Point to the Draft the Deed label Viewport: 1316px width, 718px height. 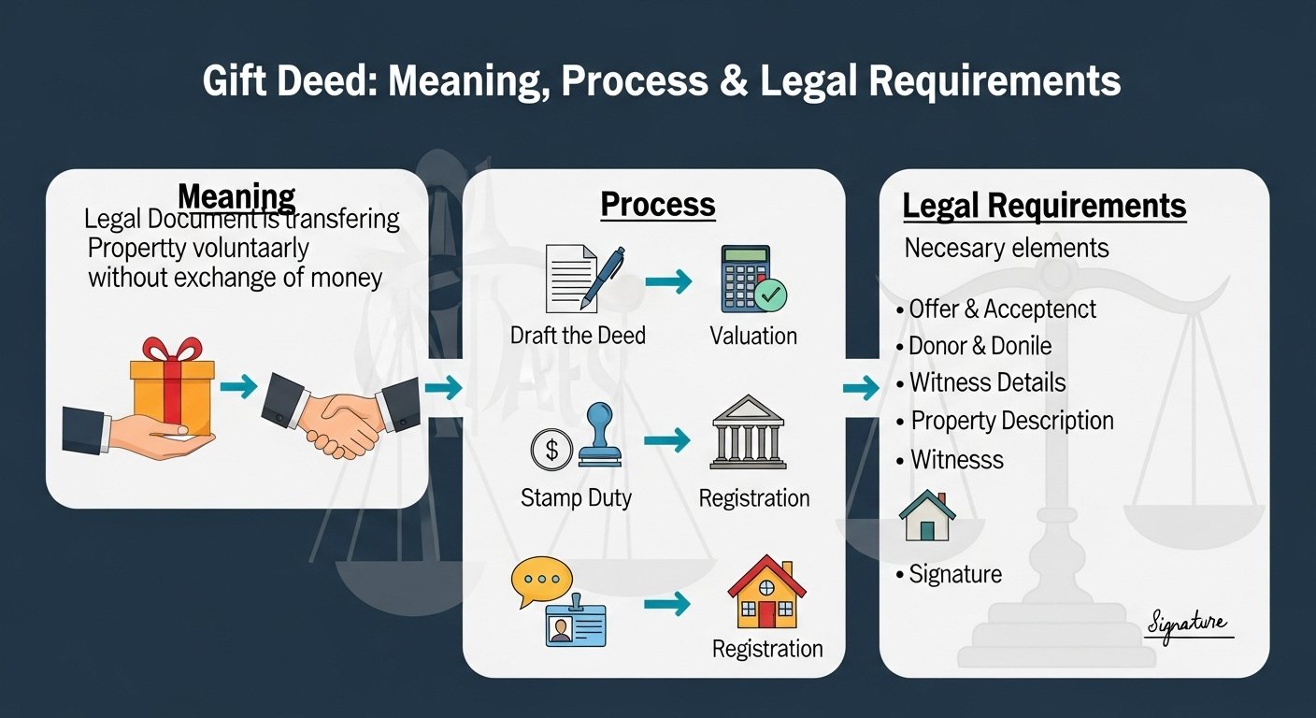click(x=578, y=336)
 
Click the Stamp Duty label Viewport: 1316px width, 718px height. click(x=576, y=497)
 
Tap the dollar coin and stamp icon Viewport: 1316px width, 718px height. click(x=571, y=438)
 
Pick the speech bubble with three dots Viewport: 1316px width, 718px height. click(x=540, y=581)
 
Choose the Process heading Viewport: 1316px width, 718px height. click(x=657, y=205)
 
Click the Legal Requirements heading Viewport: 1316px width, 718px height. click(x=1044, y=207)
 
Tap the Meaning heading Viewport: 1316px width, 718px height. click(x=236, y=197)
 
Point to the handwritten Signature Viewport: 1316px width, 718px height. click(x=1188, y=623)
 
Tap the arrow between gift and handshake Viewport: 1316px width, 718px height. click(x=238, y=387)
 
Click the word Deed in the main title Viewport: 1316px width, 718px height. click(x=327, y=82)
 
